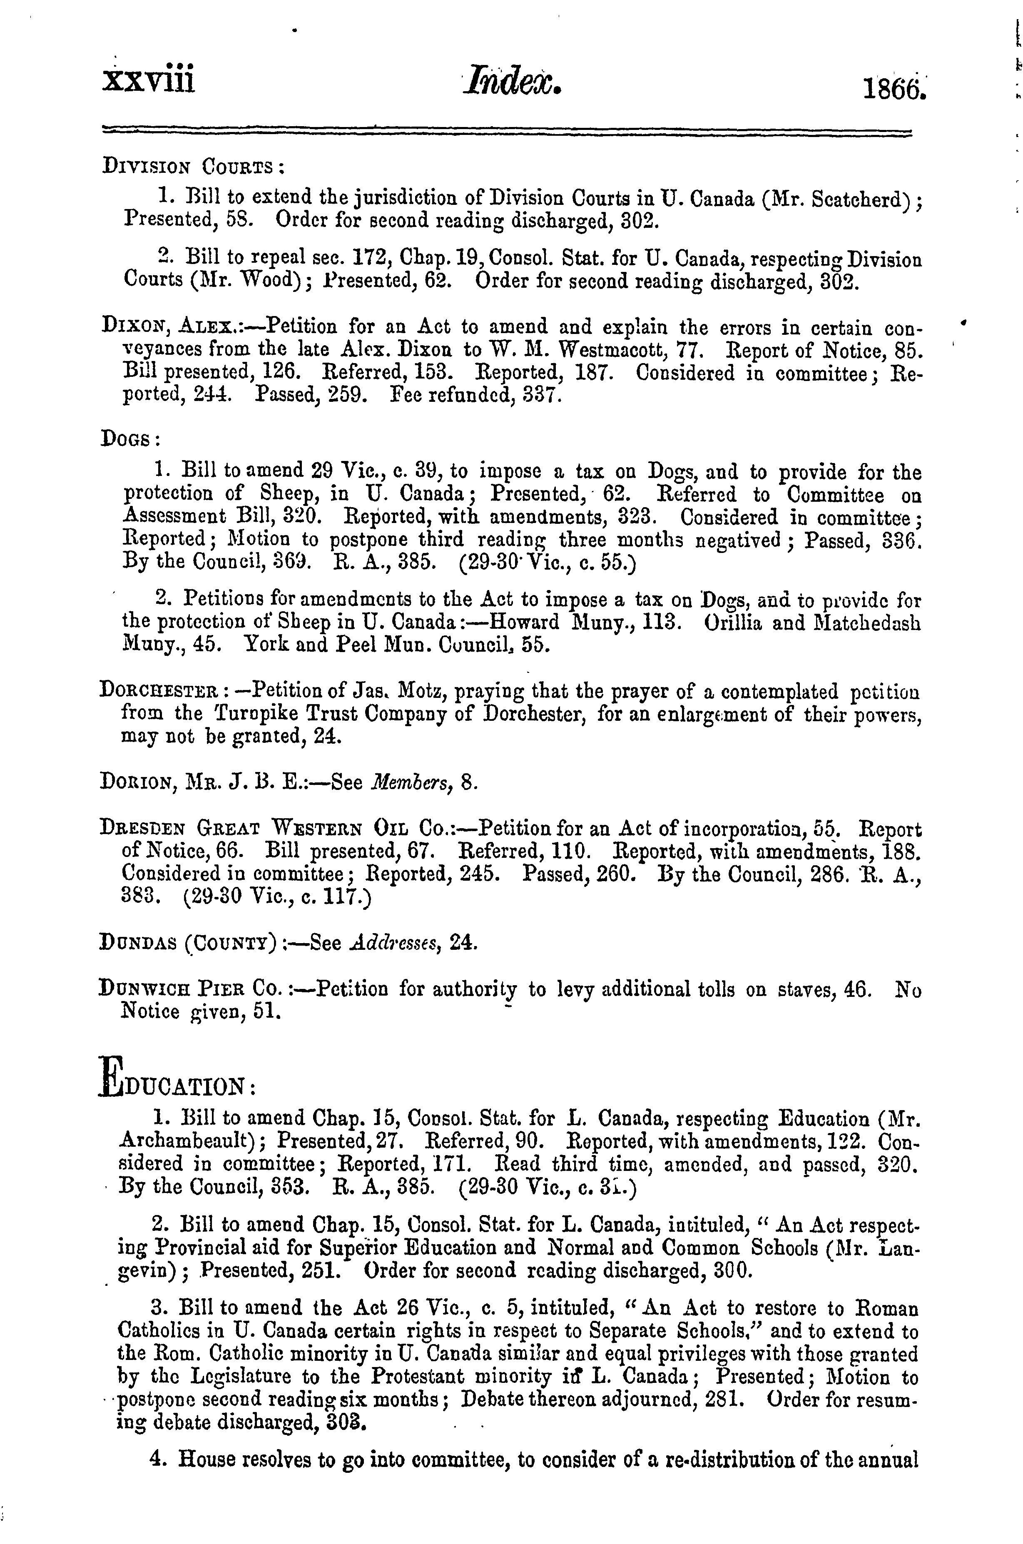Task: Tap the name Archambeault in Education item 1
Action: (189, 1141)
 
